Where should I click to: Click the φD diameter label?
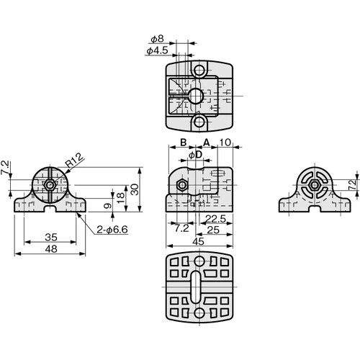point(194,154)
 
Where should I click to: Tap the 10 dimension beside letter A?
point(225,143)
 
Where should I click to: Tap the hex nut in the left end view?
point(48,185)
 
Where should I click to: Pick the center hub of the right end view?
point(315,186)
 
